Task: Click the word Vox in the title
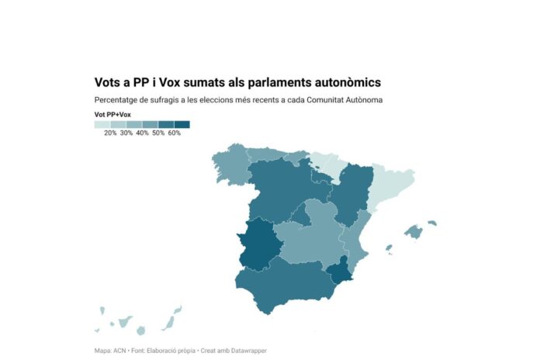click(171, 81)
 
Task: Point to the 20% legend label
click(110, 133)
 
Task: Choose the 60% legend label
click(174, 133)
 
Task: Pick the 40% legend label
click(142, 133)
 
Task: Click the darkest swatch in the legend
click(182, 124)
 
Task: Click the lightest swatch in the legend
click(102, 124)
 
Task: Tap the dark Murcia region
click(339, 271)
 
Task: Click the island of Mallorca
click(413, 231)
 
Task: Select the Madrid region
click(301, 216)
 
